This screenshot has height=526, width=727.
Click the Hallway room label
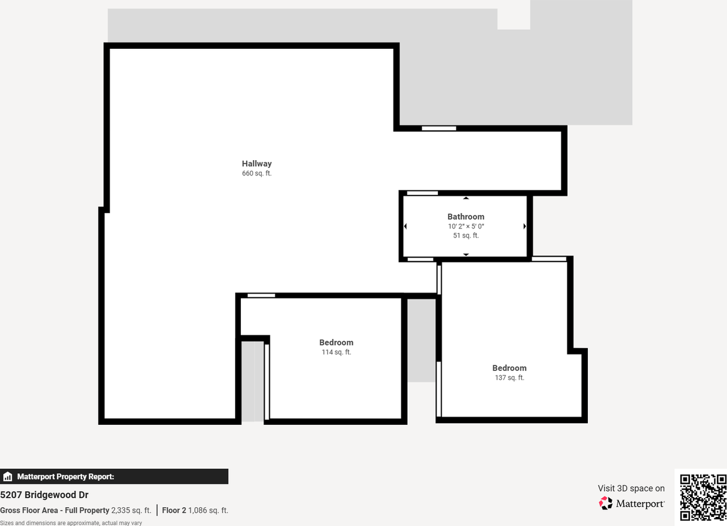click(257, 164)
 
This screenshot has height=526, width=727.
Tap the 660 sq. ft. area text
click(257, 173)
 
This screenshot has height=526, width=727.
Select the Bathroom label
click(466, 216)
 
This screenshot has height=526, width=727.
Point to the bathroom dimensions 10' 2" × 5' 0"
click(466, 226)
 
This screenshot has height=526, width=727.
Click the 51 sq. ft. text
click(466, 235)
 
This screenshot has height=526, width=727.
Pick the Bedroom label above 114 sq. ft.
click(336, 343)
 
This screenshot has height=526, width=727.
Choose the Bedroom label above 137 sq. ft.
click(509, 368)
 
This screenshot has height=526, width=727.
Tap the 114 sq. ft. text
click(336, 352)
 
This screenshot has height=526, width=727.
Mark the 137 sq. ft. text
click(509, 378)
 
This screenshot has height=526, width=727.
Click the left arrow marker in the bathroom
click(406, 226)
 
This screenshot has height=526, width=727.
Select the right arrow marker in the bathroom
click(524, 226)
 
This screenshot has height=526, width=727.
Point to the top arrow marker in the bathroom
click(466, 198)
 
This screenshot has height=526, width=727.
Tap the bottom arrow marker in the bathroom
click(466, 254)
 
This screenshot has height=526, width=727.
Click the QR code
click(703, 498)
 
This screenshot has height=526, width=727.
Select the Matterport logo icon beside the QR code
click(606, 503)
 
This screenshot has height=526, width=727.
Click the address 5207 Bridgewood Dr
click(44, 495)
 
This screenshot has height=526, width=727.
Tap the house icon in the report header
click(7, 477)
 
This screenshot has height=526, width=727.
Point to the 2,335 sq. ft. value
click(131, 510)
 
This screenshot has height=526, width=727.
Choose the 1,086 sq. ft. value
click(208, 510)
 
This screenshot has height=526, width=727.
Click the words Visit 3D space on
click(631, 489)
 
